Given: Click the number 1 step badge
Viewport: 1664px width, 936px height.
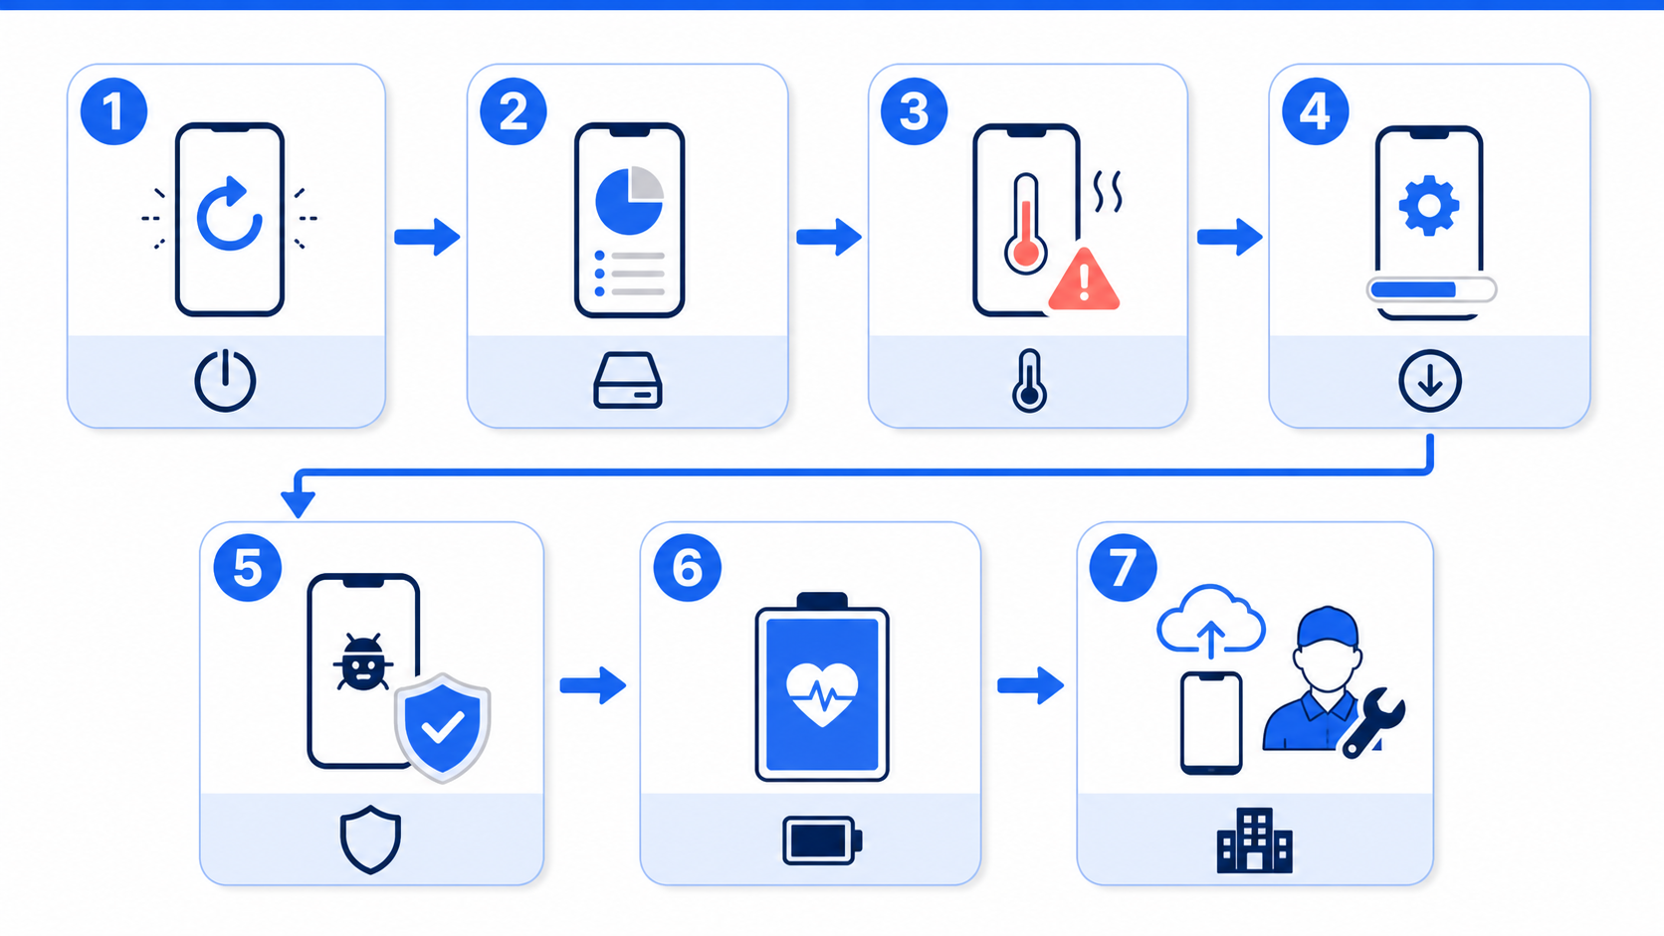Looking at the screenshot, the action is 113,111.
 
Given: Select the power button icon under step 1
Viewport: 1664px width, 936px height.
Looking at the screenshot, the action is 225,380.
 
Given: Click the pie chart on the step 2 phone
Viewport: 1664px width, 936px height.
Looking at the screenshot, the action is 629,200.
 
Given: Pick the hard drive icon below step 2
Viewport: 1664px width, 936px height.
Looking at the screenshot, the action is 628,380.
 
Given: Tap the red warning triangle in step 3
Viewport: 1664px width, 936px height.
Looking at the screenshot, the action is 1084,280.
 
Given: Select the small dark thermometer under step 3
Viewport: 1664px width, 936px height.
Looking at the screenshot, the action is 1029,380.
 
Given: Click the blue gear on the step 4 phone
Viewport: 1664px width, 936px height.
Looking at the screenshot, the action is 1428,206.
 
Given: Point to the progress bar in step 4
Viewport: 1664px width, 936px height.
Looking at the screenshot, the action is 1431,289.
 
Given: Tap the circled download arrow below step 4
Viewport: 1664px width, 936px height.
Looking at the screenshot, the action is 1430,381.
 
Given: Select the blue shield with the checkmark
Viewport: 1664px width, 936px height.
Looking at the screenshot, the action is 443,727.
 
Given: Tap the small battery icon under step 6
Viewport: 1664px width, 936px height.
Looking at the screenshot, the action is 822,841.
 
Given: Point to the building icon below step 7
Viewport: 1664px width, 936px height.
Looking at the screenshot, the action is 1255,841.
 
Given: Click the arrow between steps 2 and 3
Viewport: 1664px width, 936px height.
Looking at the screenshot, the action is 829,237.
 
